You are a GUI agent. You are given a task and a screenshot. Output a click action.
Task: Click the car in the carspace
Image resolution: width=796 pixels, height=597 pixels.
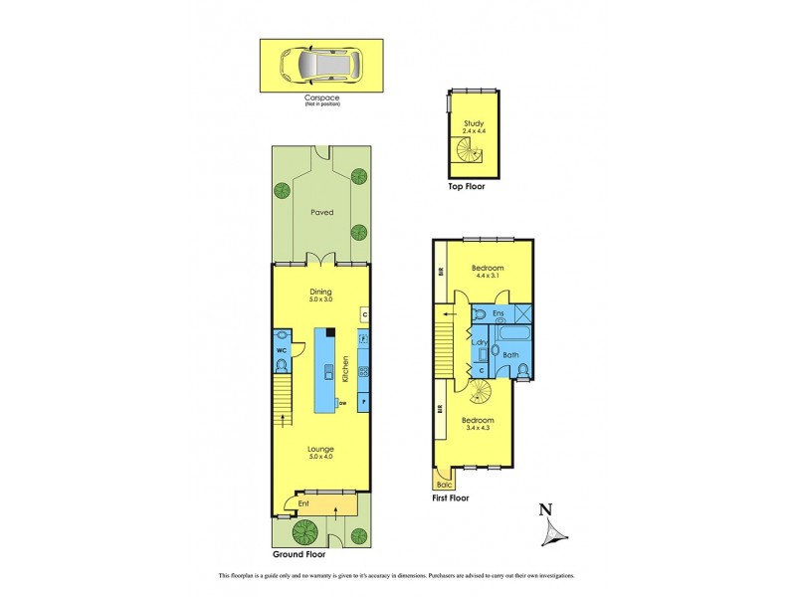click(x=321, y=66)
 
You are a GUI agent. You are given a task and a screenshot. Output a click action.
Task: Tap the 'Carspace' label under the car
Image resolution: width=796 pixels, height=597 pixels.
click(x=321, y=99)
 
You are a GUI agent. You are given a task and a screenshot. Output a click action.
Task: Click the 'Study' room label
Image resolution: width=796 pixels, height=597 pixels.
click(x=473, y=123)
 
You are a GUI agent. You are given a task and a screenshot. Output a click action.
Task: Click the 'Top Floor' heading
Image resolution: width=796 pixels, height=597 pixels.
click(x=465, y=186)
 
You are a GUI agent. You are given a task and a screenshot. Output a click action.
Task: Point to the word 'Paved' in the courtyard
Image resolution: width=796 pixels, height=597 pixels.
click(x=320, y=212)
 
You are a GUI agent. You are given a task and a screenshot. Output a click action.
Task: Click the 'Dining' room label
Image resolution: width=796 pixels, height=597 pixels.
click(x=320, y=292)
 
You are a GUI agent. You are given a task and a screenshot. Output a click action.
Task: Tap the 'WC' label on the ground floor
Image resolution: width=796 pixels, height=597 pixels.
click(x=281, y=350)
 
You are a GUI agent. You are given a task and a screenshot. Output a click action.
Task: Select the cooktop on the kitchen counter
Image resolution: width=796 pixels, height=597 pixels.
click(x=363, y=371)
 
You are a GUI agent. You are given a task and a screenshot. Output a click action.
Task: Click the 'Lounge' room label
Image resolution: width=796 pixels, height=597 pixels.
click(x=319, y=449)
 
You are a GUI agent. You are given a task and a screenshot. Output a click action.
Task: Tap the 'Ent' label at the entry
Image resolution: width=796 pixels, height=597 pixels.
click(x=303, y=504)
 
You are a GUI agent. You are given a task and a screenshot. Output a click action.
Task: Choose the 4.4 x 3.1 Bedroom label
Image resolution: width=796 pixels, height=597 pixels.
click(x=488, y=269)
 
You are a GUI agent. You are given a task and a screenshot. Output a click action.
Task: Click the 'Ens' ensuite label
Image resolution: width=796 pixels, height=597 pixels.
click(x=498, y=313)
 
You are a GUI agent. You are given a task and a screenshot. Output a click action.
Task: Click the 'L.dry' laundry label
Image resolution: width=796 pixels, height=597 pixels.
click(x=479, y=344)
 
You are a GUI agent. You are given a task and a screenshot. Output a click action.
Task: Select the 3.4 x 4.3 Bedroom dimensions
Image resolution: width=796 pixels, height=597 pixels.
click(x=479, y=428)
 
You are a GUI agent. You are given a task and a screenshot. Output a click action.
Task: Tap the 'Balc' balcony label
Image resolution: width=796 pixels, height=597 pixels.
click(x=443, y=485)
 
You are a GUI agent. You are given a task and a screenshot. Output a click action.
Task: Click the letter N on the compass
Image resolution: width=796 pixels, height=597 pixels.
click(x=544, y=509)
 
